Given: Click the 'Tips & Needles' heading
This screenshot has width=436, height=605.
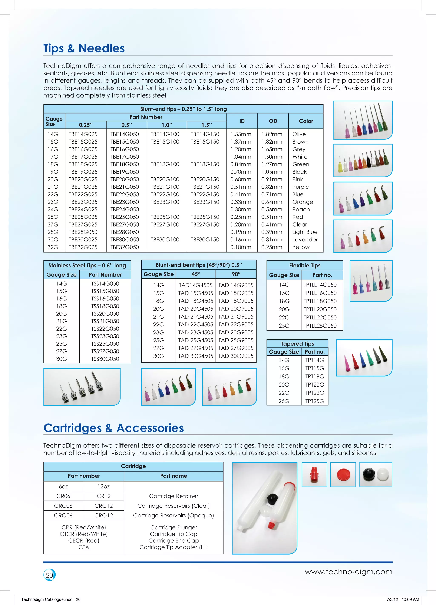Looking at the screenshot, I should coord(84,48).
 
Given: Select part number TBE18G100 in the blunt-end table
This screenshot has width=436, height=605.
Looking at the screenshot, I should coord(165,164).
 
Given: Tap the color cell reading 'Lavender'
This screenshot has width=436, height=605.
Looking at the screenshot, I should coord(305,240).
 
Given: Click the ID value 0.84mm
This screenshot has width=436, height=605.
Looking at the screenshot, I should coord(241,164).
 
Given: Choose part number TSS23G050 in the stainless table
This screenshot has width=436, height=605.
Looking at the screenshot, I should coord(105,336).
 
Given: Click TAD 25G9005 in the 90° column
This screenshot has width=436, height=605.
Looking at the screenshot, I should coord(236,340).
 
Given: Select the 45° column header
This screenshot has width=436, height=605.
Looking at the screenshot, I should coord(195,274).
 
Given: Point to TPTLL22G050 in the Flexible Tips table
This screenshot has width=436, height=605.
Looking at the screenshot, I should coord(320,318).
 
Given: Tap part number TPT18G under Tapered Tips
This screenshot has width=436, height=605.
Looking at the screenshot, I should coord(315,376).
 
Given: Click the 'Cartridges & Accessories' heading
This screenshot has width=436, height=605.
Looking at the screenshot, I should coord(114,428).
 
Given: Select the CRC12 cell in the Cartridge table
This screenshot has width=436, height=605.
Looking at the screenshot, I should coord(103,506).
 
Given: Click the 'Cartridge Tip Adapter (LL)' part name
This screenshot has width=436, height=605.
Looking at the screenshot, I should coord(173,547).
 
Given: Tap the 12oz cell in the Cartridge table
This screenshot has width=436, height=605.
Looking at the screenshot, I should coord(103,486).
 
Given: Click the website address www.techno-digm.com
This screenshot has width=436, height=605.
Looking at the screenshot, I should coord(348,572).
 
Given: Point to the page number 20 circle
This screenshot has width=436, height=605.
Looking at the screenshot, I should coord(49,575).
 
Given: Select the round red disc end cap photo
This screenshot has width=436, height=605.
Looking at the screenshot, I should coord(343,474).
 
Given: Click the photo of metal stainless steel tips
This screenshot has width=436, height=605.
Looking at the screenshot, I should coord(82,387).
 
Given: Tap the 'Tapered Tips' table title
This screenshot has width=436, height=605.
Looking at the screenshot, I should coord(297,343).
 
